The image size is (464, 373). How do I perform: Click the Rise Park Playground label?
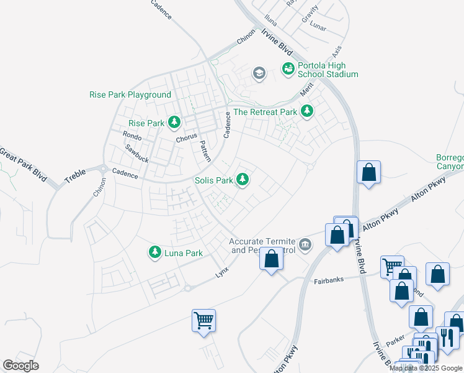pos(130,94)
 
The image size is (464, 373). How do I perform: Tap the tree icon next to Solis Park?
pos(243,180)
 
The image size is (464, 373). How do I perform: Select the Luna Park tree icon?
pos(154,252)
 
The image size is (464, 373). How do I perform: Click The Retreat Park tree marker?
pos(306,112)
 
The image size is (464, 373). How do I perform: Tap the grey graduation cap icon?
pos(259,74)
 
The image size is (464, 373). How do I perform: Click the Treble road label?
pos(75,177)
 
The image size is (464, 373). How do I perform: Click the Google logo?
pos(21,366)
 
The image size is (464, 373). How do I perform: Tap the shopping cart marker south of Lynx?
pos(203,321)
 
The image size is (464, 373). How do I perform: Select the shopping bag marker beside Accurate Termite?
pos(271,259)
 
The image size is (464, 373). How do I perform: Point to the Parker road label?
pos(395,343)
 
